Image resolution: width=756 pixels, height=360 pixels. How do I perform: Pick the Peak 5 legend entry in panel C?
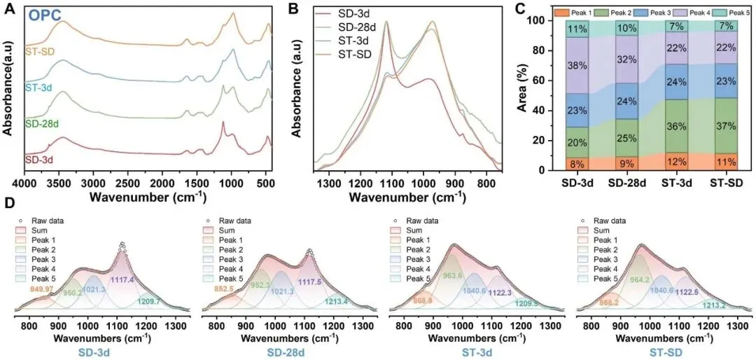735,13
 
